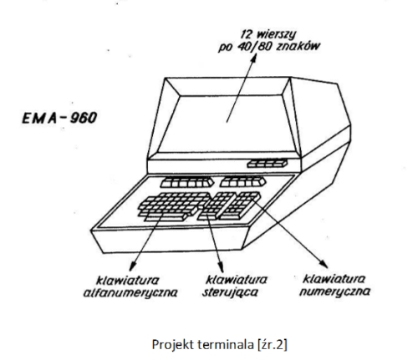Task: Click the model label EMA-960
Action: (59, 118)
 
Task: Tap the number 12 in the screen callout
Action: (246, 34)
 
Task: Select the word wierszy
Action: (276, 35)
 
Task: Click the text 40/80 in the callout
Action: (254, 47)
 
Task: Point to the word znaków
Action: (298, 46)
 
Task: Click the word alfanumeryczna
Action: (130, 293)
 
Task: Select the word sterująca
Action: (230, 292)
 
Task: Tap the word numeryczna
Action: (334, 292)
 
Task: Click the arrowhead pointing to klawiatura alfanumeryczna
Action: (133, 266)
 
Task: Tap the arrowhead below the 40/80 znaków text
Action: (253, 58)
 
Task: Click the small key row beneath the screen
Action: (268, 163)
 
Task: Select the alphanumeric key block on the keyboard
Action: (174, 205)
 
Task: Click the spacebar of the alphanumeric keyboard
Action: (166, 217)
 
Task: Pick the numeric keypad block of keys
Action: (240, 205)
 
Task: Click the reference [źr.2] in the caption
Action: (272, 345)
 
